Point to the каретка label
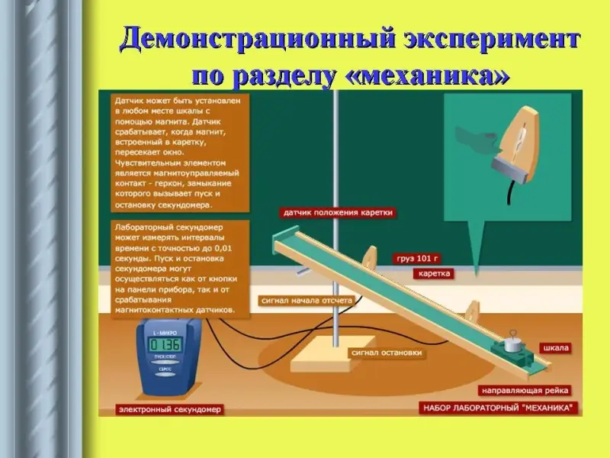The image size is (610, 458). point(434,273)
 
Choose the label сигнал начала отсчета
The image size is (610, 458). point(306,301)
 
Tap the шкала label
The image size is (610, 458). point(554,348)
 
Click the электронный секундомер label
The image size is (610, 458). point(170,409)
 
